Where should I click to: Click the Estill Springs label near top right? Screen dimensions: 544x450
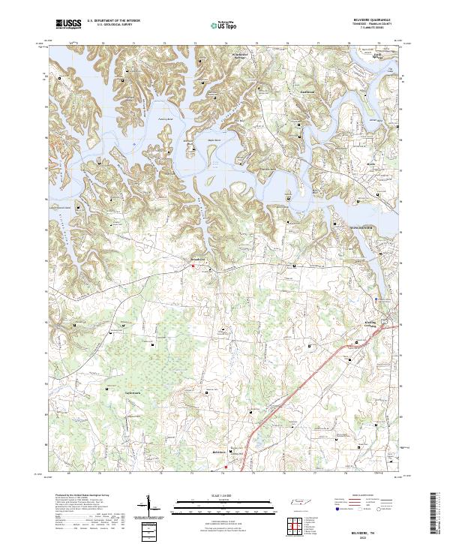(378, 56)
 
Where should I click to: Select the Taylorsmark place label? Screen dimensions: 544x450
(133, 391)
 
